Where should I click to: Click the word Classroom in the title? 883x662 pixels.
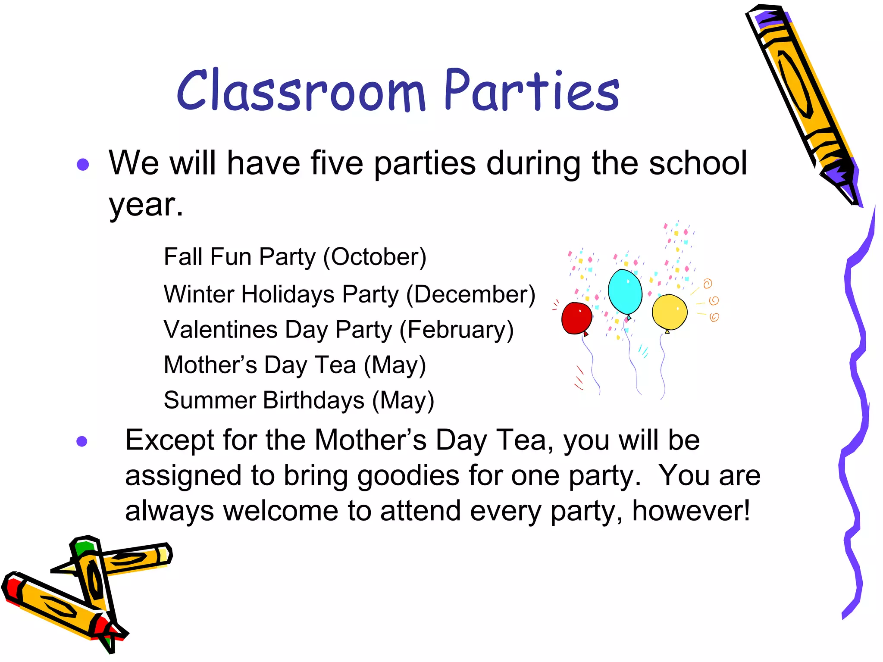(301, 91)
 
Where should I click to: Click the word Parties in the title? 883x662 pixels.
(531, 91)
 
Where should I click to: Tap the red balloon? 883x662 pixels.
(576, 318)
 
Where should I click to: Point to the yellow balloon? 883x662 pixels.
(669, 312)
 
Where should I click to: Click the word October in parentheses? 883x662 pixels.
(374, 257)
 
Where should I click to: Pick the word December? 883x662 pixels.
(471, 294)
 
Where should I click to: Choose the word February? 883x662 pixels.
(457, 330)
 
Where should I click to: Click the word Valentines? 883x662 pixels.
(220, 330)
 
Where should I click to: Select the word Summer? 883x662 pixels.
(210, 400)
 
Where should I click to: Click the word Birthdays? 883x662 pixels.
(313, 400)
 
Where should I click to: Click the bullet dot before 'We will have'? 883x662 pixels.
(83, 164)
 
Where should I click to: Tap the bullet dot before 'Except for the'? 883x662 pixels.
(82, 441)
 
